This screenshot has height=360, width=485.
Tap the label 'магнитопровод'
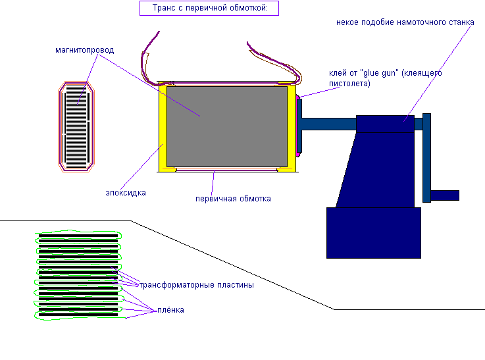(85, 49)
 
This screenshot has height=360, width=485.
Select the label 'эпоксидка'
(126, 193)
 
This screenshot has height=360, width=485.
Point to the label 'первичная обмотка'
(233, 198)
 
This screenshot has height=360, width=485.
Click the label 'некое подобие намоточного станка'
(404, 22)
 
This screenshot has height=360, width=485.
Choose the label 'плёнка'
(170, 310)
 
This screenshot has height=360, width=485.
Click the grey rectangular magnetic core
(226, 126)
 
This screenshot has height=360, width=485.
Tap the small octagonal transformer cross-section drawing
(75, 126)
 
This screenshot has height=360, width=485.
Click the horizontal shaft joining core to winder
(328, 123)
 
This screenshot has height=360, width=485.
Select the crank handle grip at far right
(445, 195)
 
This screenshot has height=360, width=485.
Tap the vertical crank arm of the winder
(426, 158)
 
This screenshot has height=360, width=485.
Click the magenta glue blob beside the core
(299, 125)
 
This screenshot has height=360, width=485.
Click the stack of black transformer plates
(78, 274)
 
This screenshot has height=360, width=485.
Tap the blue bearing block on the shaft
(385, 123)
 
